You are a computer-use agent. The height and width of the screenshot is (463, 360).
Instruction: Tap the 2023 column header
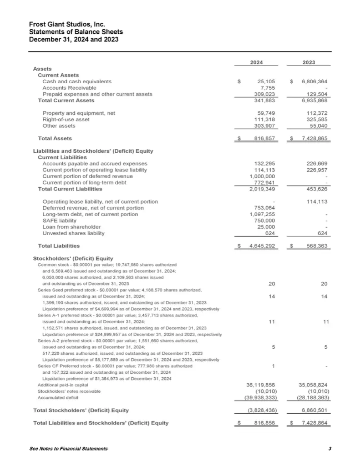coord(309,63)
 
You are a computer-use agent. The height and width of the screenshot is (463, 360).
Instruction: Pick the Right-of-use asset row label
coord(66,119)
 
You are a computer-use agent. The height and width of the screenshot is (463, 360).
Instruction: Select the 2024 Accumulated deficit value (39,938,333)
coord(260,398)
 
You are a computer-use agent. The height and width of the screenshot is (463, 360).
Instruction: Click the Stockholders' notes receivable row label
coord(69,391)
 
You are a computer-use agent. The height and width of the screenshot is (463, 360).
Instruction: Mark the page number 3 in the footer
coord(330,449)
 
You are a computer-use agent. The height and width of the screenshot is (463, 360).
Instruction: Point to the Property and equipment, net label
coord(79,113)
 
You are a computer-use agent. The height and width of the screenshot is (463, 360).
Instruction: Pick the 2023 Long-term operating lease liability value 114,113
coord(316,202)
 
